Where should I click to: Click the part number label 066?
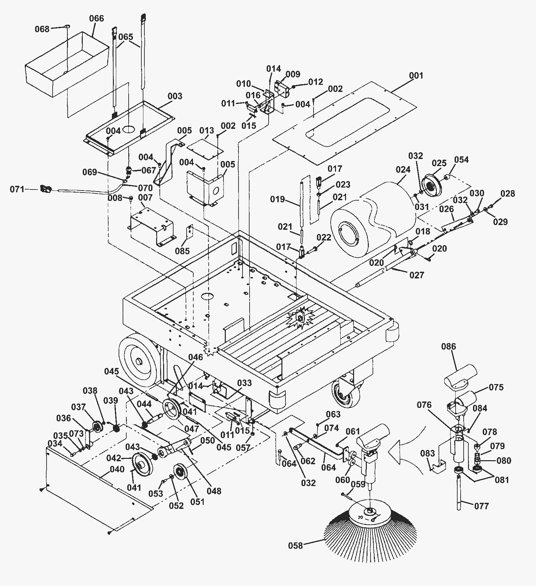click(96, 18)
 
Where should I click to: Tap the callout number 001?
click(416, 76)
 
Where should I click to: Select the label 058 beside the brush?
click(295, 546)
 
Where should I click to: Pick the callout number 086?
click(449, 347)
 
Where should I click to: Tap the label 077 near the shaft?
click(481, 506)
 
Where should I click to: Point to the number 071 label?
click(17, 190)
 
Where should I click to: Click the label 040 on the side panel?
click(117, 469)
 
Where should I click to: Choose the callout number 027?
click(416, 275)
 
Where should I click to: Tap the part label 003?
click(175, 96)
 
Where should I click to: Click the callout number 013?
click(206, 130)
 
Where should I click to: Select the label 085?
click(182, 251)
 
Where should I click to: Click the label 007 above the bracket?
click(145, 198)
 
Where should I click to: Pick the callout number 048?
click(214, 491)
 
